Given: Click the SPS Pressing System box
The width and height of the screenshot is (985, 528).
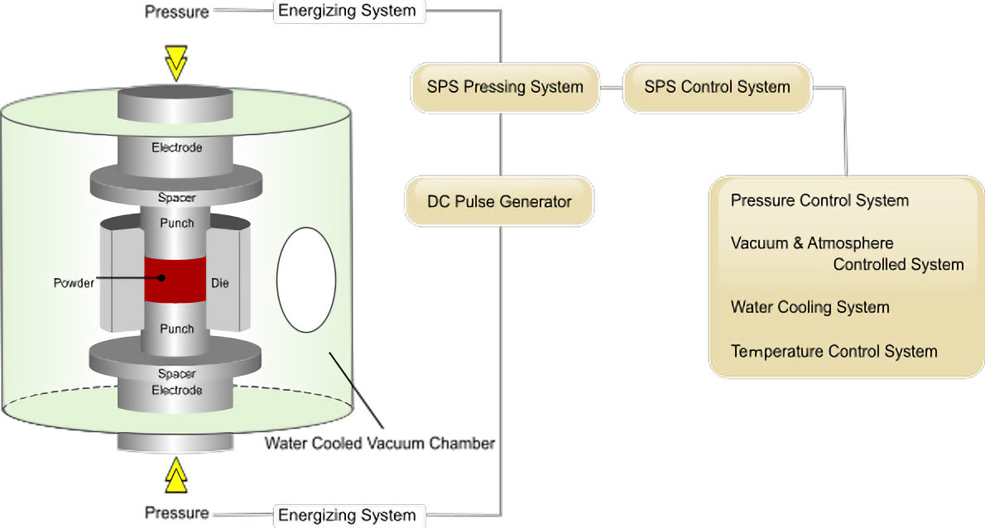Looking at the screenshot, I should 505,87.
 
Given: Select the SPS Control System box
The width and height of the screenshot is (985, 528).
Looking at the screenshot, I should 717,87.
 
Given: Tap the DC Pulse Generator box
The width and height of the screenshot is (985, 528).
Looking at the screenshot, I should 499,201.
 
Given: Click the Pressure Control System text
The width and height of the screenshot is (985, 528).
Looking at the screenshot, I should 819,201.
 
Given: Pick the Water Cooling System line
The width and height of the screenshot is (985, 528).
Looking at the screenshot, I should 810,307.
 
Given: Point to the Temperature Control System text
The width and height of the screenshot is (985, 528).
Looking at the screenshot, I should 834,352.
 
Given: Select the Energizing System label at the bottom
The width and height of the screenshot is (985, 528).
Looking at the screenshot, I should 348,516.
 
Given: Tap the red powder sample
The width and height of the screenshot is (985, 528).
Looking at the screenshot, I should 175,279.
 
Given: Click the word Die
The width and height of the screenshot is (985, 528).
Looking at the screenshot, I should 219,283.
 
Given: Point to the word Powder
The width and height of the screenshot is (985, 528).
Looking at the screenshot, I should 74,282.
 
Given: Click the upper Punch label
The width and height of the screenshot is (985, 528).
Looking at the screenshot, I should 176,223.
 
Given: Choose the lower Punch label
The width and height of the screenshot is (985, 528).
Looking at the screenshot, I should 176,329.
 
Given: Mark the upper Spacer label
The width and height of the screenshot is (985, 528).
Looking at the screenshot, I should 176,199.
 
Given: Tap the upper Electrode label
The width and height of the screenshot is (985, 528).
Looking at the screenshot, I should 176,147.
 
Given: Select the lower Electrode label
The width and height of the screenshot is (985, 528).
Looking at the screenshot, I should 176,390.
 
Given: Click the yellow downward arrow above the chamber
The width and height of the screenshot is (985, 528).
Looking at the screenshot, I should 175,63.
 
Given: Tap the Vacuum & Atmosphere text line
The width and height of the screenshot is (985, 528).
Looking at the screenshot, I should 811,244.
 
